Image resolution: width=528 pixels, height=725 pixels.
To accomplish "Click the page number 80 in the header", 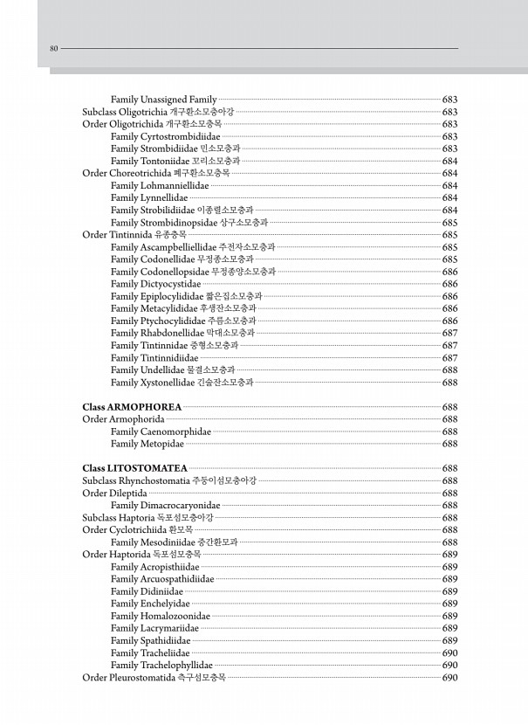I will (53, 48).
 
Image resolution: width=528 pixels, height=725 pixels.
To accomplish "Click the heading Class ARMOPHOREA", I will (132, 407).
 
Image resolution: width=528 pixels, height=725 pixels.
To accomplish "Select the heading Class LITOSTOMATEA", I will (134, 468).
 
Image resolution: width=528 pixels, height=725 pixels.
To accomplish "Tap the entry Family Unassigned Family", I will (163, 100).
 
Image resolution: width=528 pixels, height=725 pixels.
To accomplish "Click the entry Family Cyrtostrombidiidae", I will (165, 136).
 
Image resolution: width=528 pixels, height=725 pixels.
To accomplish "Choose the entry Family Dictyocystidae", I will (155, 284).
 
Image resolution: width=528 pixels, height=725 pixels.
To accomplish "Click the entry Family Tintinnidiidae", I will (154, 358).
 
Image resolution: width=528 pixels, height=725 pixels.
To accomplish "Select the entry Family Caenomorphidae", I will (161, 432).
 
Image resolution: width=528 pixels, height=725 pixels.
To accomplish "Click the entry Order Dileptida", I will (114, 493).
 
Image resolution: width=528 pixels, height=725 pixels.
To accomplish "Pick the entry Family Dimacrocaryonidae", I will (165, 505).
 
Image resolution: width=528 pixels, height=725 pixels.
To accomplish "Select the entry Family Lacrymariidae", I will (154, 628).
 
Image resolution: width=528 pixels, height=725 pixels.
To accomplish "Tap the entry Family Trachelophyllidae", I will (161, 665).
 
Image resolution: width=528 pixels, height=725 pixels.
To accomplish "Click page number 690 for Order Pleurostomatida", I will (450, 677).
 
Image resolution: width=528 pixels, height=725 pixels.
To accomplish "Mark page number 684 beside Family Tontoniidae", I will (450, 161).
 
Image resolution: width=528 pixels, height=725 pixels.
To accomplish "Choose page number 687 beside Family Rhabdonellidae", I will (450, 333).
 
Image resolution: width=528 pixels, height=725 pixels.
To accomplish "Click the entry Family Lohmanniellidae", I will (160, 186).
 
